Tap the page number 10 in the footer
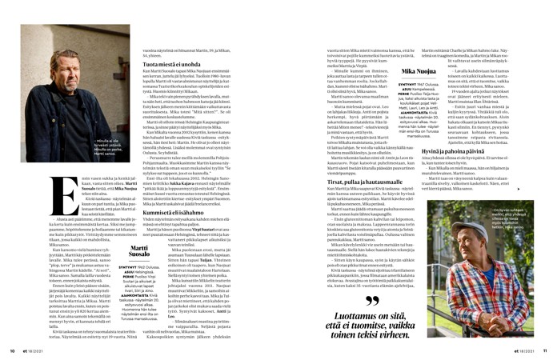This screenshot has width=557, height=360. [x=13, y=350]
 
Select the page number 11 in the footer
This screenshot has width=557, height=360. [x=544, y=350]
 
